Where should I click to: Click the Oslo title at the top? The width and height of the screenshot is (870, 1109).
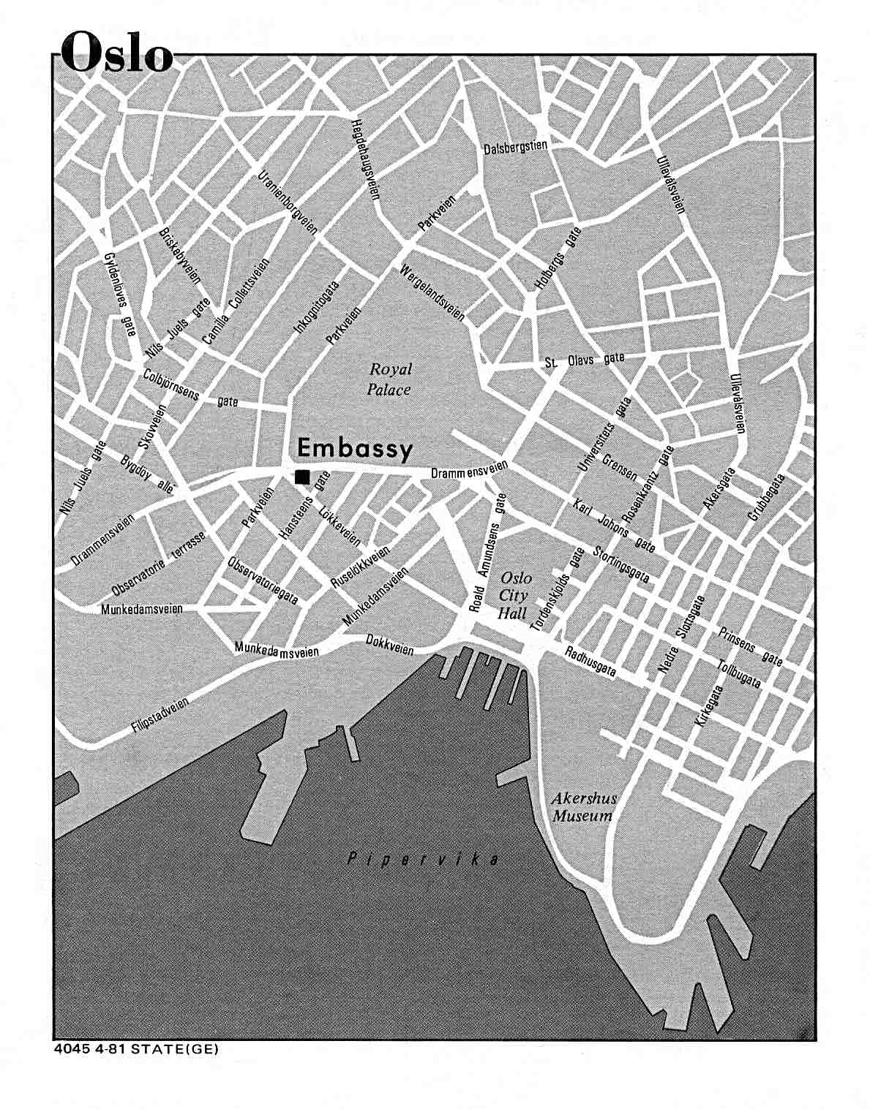(x=117, y=53)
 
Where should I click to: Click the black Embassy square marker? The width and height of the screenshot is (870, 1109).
(x=301, y=477)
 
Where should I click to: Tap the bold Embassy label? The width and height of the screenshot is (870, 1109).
(x=355, y=448)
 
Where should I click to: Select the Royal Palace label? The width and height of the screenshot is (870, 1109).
(x=389, y=379)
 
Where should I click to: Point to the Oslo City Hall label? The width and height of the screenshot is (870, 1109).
(x=514, y=596)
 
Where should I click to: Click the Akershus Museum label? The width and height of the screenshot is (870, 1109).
(x=582, y=807)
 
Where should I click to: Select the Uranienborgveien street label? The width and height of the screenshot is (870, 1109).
(x=288, y=203)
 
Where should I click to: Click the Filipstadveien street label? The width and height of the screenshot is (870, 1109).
(x=160, y=714)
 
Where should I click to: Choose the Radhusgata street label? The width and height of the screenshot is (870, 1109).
(x=590, y=660)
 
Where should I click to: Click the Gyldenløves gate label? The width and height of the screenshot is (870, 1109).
(x=120, y=294)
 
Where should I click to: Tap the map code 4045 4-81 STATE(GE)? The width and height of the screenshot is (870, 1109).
(x=136, y=1048)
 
